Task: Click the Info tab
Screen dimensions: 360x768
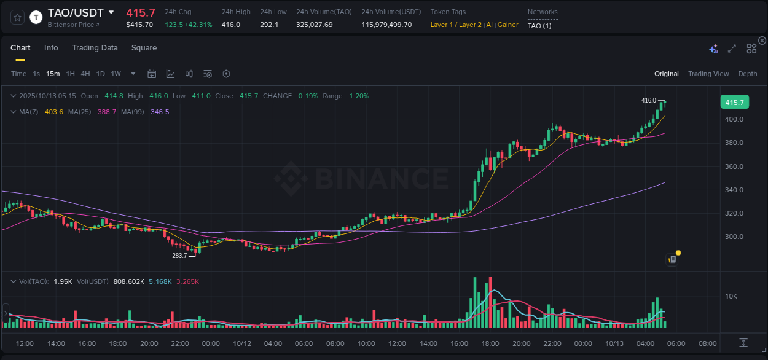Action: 51,48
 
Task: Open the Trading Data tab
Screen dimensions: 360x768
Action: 95,48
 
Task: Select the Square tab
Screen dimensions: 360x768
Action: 144,48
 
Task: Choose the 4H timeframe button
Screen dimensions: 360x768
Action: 85,74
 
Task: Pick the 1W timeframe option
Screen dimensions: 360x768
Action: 116,74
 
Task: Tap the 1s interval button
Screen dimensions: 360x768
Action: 36,74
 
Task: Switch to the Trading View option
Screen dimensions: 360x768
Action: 708,74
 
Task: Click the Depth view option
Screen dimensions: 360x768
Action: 748,74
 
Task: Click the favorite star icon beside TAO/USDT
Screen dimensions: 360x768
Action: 17,17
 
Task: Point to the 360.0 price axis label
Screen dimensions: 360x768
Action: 735,166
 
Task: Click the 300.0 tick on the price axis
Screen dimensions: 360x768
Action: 735,237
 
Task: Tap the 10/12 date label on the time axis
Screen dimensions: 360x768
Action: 242,343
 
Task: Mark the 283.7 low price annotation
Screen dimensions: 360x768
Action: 179,256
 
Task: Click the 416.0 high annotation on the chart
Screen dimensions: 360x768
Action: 649,100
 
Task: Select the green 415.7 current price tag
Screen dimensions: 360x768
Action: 734,103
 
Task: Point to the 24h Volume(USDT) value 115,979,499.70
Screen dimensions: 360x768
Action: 386,25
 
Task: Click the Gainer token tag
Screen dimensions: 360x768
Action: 508,25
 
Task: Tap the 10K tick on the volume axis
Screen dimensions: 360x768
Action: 731,296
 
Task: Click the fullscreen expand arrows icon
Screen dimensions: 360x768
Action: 732,49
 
